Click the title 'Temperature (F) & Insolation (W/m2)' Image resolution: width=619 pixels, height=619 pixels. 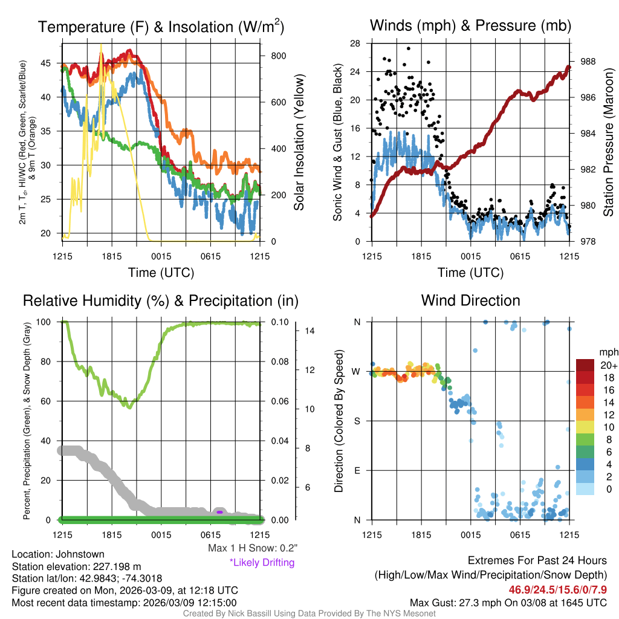point(161,27)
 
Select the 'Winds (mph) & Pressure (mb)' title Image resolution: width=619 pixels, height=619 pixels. point(470,25)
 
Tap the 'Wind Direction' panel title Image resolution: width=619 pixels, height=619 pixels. point(470,300)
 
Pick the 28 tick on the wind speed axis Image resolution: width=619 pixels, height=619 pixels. point(355,44)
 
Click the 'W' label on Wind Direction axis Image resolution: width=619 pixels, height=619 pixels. point(357,371)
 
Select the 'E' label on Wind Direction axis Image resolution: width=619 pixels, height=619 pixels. point(357,470)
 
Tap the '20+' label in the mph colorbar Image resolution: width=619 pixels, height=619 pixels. point(608,365)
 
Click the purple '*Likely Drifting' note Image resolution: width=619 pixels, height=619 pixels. point(262,563)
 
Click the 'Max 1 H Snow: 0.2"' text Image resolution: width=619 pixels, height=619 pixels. point(252,548)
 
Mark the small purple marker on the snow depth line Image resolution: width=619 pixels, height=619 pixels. point(220,512)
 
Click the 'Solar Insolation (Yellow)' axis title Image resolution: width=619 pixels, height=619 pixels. point(299,142)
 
